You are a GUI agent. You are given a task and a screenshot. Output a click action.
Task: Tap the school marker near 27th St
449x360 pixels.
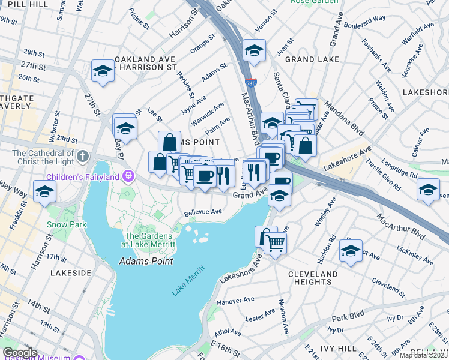[103, 71]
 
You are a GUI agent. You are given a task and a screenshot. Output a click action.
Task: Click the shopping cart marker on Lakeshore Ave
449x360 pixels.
[275, 243]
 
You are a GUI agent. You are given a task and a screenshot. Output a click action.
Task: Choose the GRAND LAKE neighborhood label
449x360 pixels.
[312, 60]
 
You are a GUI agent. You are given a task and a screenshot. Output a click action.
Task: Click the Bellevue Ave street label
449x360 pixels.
[203, 212]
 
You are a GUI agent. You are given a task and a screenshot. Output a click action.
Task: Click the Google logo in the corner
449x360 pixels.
[20, 353]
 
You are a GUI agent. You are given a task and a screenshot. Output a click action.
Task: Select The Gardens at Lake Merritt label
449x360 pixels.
[150, 240]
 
